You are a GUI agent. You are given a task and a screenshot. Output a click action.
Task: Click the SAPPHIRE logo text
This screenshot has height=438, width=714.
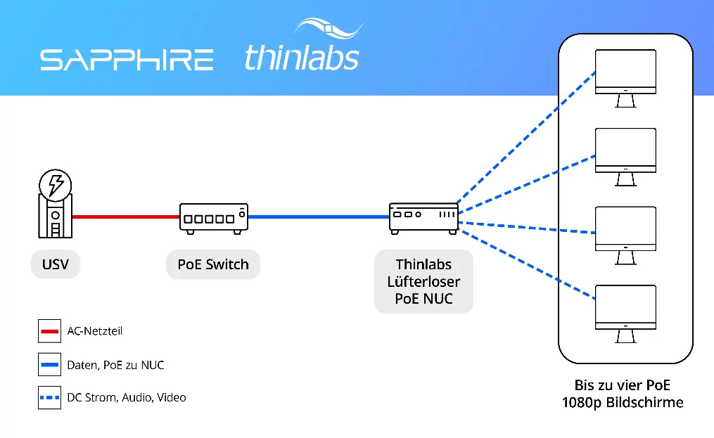coord(127,60)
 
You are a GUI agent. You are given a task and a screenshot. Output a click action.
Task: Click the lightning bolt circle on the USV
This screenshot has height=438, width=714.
coord(55,185)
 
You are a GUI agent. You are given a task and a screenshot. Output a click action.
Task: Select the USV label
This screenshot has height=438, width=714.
coord(56,265)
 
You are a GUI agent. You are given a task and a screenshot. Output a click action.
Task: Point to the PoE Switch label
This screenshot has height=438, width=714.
coord(213,265)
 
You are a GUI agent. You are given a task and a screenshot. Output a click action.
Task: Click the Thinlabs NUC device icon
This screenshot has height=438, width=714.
coord(423,218)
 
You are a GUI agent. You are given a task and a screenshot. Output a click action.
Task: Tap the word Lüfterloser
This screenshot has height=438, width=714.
coord(423,282)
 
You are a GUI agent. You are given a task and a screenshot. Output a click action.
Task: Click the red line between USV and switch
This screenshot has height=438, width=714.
coord(125,217)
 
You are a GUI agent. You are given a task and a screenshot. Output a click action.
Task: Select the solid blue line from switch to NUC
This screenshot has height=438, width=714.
coord(318,217)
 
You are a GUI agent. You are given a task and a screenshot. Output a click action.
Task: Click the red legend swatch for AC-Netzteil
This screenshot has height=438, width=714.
coord(49,330)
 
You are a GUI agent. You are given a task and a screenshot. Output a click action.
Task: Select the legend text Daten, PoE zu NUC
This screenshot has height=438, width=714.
coord(115,365)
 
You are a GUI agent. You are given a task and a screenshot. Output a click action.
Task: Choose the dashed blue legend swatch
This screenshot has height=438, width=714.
coord(49,398)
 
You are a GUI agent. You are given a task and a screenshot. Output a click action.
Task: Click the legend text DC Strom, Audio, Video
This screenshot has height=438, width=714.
coord(127,398)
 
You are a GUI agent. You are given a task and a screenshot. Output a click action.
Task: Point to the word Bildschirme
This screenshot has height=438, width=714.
coord(647,403)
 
